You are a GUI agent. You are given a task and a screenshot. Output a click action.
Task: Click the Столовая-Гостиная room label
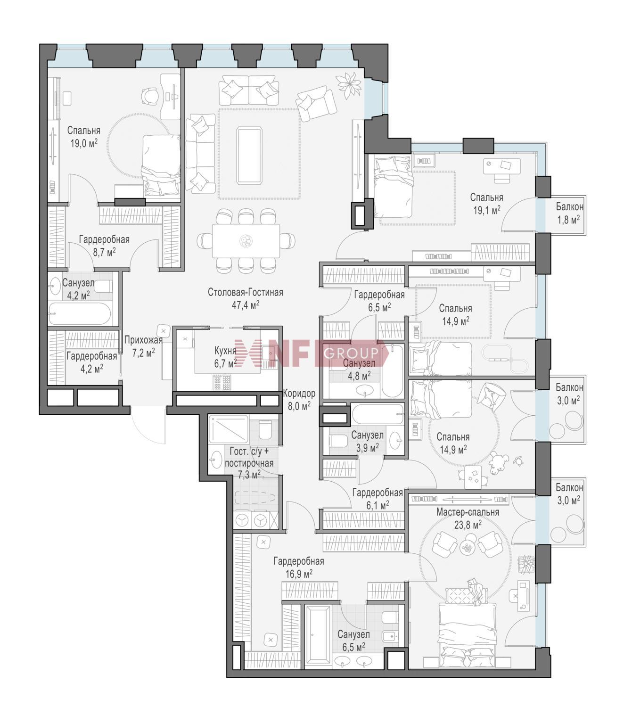click(246, 292)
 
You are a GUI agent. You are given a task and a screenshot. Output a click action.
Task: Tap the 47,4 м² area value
click(246, 305)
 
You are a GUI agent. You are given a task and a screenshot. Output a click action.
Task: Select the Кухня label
click(225, 350)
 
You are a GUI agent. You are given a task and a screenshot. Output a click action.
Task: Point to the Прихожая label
click(143, 340)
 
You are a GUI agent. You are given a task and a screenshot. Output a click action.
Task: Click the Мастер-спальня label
click(468, 512)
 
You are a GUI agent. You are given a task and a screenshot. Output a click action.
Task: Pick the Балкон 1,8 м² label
click(569, 213)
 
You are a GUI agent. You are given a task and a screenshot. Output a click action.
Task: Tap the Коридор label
click(299, 394)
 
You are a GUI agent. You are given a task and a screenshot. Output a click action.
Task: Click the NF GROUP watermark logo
click(311, 353)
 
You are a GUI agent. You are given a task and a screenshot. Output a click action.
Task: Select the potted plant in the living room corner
click(349, 85)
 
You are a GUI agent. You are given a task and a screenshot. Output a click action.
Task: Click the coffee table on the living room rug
click(249, 156)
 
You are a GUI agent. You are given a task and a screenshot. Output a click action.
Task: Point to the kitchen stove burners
click(222, 382)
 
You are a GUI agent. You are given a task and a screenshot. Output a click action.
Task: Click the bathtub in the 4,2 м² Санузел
click(80, 314)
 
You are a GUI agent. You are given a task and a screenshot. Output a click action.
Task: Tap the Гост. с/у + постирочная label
click(249, 458)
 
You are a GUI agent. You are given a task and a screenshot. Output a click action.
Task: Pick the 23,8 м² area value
click(468, 525)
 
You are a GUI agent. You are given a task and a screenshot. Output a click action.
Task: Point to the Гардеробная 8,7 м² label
click(104, 246)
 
